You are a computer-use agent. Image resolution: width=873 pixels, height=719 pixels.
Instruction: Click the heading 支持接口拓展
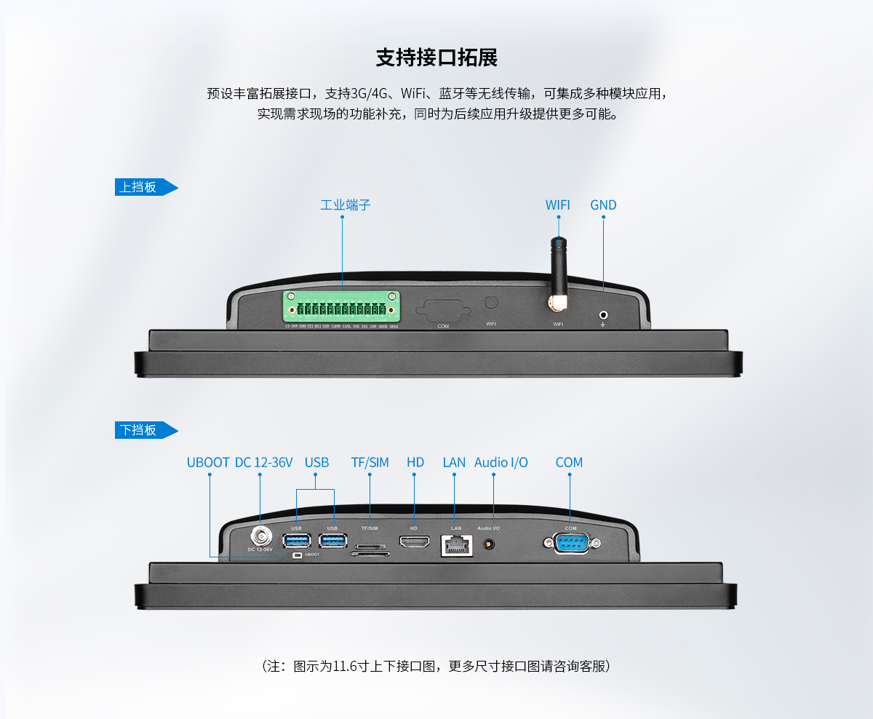[x=436, y=58]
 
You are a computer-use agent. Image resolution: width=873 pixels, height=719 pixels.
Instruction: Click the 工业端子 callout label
[x=346, y=205]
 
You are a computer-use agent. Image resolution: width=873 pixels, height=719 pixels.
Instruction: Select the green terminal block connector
[x=342, y=309]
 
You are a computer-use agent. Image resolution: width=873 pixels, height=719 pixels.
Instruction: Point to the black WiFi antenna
[x=558, y=269]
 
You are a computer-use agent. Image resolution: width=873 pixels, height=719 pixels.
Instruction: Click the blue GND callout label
[x=603, y=205]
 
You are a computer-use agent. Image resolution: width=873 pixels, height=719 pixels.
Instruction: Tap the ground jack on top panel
[x=603, y=314]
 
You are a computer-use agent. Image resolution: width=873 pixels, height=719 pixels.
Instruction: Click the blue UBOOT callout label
[x=208, y=462]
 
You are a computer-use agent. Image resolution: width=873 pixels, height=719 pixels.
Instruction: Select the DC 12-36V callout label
[x=263, y=462]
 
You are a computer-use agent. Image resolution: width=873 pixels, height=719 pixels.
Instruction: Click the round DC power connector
[x=260, y=539]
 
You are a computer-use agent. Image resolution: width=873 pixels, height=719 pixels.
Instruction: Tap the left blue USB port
[x=296, y=540]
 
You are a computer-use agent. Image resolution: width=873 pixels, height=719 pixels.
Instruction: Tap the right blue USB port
[x=332, y=540]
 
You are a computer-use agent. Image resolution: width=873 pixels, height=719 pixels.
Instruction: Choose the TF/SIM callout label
[x=370, y=462]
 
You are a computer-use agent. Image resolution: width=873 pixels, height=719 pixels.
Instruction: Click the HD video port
[x=413, y=542]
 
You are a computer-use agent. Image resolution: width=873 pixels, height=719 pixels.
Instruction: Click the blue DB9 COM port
[x=570, y=543]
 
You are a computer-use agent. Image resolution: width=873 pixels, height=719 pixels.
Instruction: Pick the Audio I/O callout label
[x=501, y=462]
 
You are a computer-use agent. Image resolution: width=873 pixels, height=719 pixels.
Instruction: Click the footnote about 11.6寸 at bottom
[x=436, y=666]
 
